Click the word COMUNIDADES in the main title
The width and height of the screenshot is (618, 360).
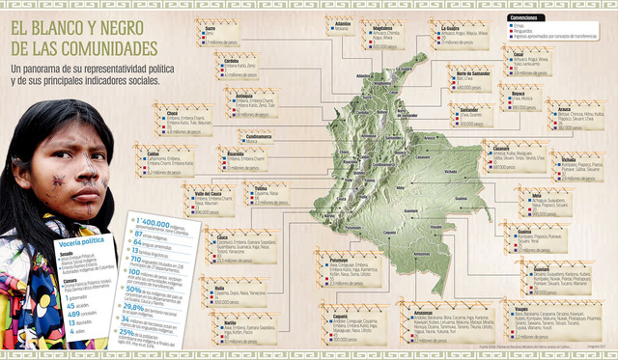pyautogui.click(x=103, y=47)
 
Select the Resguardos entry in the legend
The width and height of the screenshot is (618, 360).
pyautogui.click(x=526, y=32)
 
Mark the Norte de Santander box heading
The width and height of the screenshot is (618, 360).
pyautogui.click(x=473, y=73)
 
